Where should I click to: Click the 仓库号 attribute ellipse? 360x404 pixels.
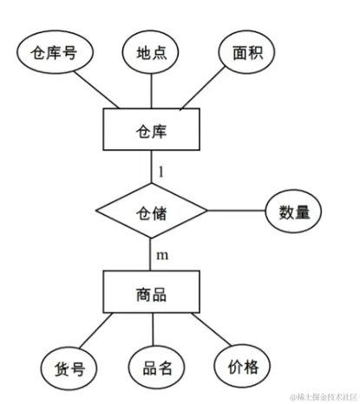[54, 53]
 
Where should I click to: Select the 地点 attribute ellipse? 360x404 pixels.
[152, 51]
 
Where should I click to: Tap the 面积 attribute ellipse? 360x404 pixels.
[247, 51]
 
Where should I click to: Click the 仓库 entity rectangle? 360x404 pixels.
[152, 131]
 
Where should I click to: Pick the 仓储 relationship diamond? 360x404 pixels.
[152, 211]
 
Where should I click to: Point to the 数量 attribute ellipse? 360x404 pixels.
[293, 211]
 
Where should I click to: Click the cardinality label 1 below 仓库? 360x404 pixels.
[160, 171]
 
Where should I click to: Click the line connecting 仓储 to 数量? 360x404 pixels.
[235, 211]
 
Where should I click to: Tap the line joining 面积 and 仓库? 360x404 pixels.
[206, 90]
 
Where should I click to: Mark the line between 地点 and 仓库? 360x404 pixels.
[152, 91]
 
